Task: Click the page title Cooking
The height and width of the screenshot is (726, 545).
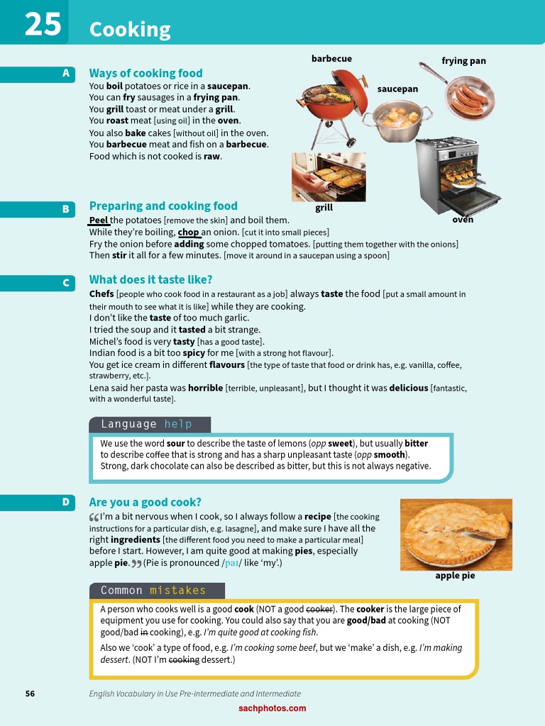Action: coord(130,29)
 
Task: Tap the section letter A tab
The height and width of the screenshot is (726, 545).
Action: coord(66,73)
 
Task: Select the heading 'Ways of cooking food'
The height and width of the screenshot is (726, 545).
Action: coord(145,73)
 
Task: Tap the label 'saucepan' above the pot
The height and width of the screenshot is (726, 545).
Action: coord(397,89)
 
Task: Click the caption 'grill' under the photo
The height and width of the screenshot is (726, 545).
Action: coord(324,208)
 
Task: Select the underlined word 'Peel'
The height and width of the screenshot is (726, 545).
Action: coord(99,220)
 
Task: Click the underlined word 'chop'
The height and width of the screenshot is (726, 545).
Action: coord(188,232)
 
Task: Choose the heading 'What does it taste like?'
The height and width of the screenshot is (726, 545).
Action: coord(150,279)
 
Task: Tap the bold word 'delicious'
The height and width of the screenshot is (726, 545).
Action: coord(409,388)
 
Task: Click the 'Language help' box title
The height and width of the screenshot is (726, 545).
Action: coord(147,424)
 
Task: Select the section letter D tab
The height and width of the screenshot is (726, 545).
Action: coord(65,502)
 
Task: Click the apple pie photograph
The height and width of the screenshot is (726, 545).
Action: coord(456,535)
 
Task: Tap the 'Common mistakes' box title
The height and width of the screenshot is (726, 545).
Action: coord(153,591)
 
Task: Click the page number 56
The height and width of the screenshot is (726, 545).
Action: coord(30,693)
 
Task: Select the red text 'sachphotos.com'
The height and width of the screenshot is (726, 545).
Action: coord(272,708)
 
